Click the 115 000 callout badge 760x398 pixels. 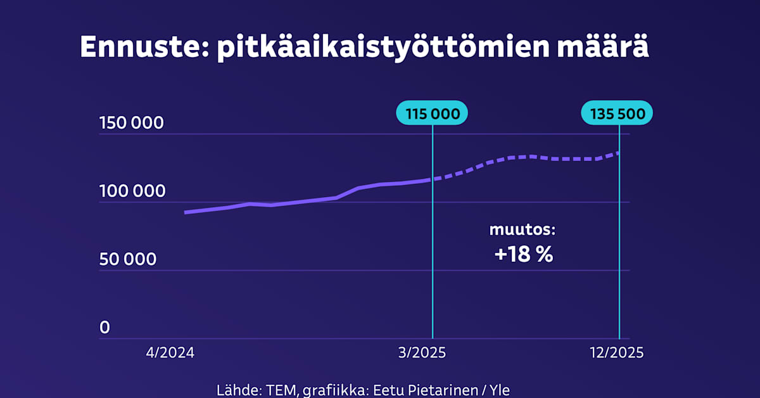pyautogui.click(x=432, y=114)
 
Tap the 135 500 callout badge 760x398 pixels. pyautogui.click(x=617, y=114)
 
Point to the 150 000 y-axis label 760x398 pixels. pyautogui.click(x=132, y=124)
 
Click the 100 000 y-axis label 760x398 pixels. pyautogui.click(x=132, y=191)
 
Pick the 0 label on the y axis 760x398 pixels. pyautogui.click(x=104, y=328)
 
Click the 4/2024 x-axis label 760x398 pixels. pyautogui.click(x=170, y=353)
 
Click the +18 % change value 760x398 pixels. pyautogui.click(x=524, y=255)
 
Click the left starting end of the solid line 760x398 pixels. pyautogui.click(x=186, y=212)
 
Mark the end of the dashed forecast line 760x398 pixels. pyautogui.click(x=618, y=152)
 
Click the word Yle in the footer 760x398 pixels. pyautogui.click(x=497, y=389)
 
